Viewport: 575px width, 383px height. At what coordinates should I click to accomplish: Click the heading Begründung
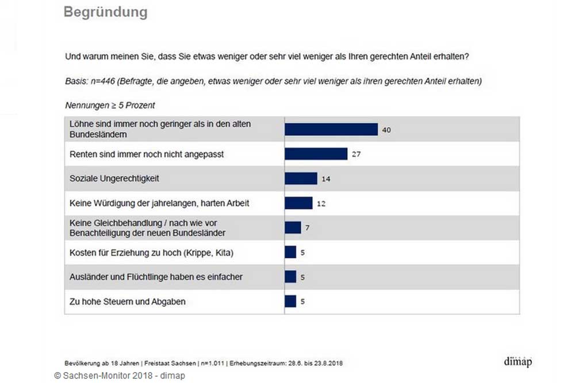(105, 12)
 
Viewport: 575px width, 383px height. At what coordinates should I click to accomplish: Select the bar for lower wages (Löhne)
(331, 129)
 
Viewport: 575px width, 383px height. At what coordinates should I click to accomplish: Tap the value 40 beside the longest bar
(386, 130)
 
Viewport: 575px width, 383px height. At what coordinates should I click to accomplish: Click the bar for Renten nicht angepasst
(316, 154)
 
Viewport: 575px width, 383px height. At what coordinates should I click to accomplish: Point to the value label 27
(356, 154)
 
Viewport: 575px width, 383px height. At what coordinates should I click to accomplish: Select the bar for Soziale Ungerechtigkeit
(301, 179)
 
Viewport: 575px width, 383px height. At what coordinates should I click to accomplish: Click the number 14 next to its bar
(326, 179)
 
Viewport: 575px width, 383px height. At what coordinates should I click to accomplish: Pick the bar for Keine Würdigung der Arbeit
(298, 203)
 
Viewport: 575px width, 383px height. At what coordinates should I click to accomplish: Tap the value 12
(321, 204)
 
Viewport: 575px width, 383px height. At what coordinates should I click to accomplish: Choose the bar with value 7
(293, 228)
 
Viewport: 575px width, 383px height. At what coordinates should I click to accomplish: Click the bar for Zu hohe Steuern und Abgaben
(290, 301)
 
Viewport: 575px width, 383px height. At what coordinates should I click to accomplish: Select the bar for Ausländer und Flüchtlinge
(290, 277)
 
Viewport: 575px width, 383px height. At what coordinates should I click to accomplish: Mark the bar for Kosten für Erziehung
(290, 252)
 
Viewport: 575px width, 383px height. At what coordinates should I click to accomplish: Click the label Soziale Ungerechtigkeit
(114, 179)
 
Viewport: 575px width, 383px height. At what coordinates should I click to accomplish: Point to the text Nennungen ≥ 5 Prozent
(110, 106)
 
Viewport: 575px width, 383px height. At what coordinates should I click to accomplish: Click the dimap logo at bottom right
(517, 362)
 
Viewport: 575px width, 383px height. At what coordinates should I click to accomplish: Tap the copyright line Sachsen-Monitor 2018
(120, 376)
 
